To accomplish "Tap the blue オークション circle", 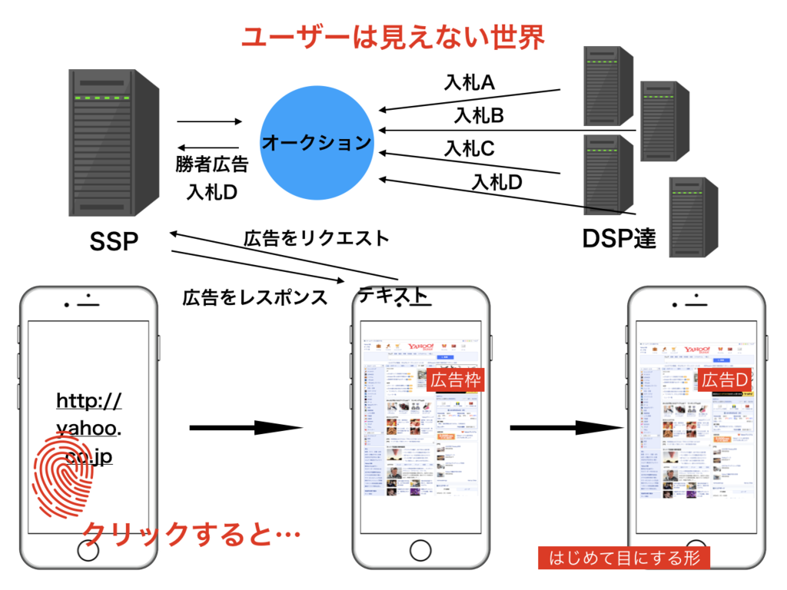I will (317, 143).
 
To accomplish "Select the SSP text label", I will (114, 242).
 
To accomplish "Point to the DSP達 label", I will (619, 239).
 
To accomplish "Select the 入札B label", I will (478, 116).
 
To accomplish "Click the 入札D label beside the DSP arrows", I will (496, 183).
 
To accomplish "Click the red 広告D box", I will (726, 380).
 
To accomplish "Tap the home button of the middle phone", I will (420, 550).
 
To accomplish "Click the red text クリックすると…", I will (191, 533).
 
